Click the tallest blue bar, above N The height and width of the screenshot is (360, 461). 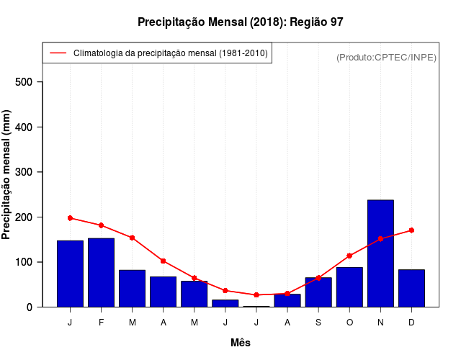pos(380,253)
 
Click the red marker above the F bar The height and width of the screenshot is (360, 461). pos(101,225)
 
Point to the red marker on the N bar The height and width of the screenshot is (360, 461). pos(380,238)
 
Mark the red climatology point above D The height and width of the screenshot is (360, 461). pos(411,230)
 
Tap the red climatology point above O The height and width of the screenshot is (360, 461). pos(349,256)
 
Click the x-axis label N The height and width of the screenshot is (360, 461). pos(380,323)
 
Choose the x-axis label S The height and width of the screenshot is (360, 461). pos(318,323)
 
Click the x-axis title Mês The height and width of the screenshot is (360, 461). pos(241,343)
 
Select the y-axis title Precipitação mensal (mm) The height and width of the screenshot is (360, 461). pos(7,175)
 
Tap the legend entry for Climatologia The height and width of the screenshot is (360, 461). pos(170,53)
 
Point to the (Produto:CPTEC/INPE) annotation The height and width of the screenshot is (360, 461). pos(386,57)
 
